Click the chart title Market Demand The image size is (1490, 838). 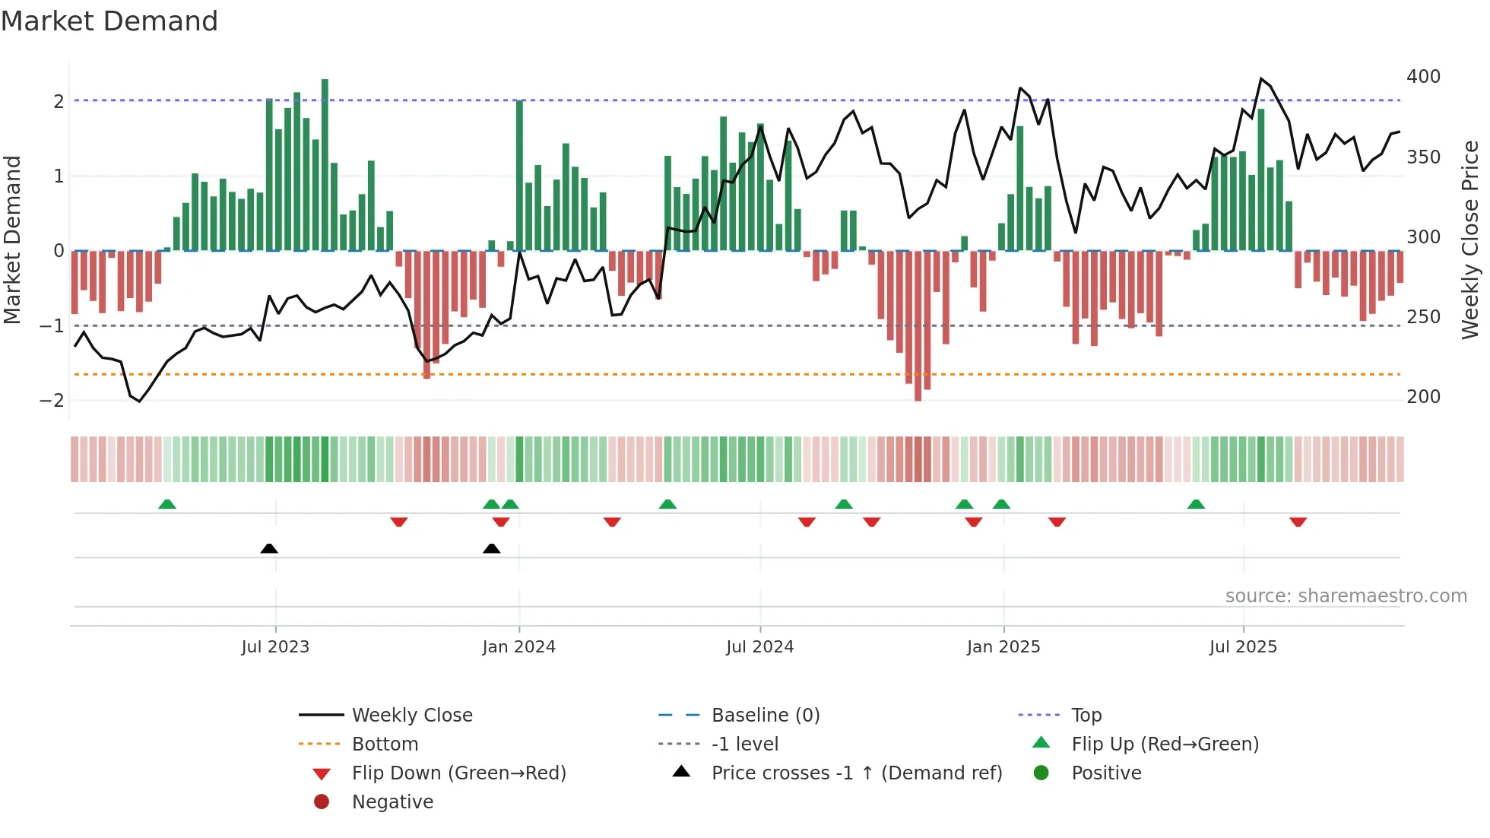tap(109, 21)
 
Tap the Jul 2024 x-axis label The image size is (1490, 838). tap(759, 647)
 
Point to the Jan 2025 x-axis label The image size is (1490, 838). tap(1003, 647)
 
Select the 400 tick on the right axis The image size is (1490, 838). tap(1423, 77)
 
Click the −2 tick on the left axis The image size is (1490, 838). tap(52, 401)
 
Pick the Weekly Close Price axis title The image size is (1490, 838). tap(1470, 240)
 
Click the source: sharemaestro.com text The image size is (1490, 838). tap(1346, 596)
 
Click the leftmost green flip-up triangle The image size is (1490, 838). tap(167, 504)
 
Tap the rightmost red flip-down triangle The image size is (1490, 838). tap(1298, 522)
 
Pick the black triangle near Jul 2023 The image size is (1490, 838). tap(269, 548)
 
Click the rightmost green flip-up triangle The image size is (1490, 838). tap(1196, 504)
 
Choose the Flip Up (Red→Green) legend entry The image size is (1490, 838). tap(1165, 744)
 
